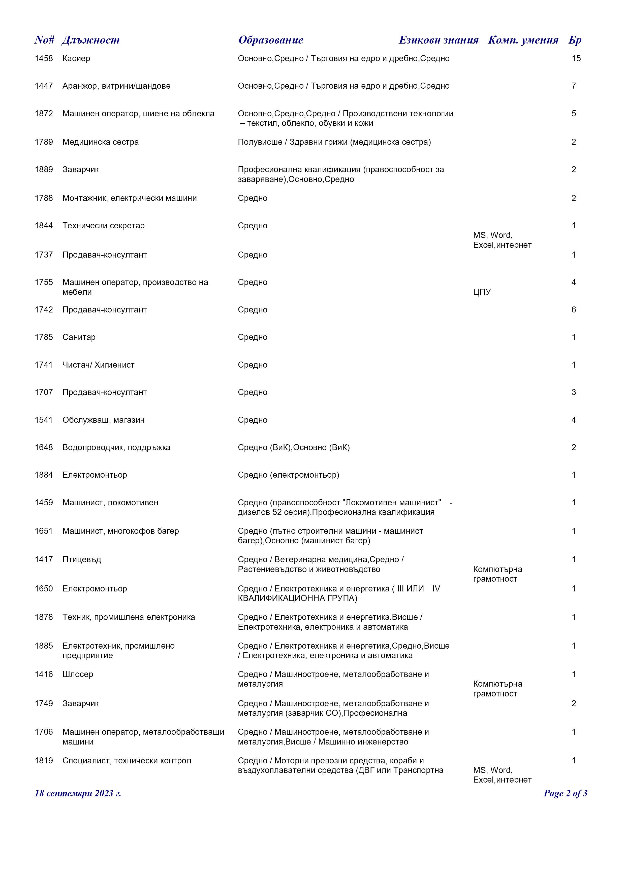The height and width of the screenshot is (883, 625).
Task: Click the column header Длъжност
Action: tap(90, 40)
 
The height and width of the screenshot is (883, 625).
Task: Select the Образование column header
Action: tap(271, 40)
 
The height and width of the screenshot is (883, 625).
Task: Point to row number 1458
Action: tap(44, 58)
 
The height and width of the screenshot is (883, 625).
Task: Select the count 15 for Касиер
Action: tap(576, 58)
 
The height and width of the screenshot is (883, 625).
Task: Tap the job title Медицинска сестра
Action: tap(101, 142)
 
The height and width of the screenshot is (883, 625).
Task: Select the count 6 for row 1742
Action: tap(573, 310)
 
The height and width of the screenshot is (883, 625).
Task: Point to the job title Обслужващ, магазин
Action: tap(104, 420)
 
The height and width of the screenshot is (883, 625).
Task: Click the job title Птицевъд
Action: tap(82, 559)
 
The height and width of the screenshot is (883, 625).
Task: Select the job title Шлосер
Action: tap(78, 674)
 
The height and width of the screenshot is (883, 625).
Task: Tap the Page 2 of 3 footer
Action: tap(565, 793)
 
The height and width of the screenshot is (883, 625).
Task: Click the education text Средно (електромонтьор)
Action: tap(288, 475)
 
